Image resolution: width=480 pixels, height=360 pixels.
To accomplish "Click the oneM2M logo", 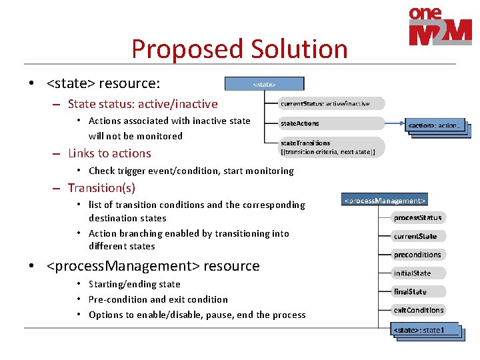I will tap(440, 27).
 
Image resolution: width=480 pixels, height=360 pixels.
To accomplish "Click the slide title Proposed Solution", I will tap(239, 49).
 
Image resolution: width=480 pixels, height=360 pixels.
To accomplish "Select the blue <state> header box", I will tap(264, 84).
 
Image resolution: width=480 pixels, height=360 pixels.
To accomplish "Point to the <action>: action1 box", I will tap(434, 125).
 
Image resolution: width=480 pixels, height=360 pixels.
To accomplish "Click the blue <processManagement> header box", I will tap(384, 199).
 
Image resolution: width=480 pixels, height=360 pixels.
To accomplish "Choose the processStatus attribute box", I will tap(417, 217).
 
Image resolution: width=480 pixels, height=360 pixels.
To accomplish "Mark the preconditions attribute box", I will tap(417, 255).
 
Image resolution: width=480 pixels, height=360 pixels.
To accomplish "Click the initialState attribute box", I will tap(413, 273).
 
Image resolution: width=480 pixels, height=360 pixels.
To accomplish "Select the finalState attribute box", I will tap(410, 291).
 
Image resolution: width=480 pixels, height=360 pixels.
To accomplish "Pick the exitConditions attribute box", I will tap(418, 310).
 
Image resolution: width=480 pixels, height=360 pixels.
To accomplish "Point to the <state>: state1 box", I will tap(427, 329).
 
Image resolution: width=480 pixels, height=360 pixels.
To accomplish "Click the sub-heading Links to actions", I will tap(109, 153).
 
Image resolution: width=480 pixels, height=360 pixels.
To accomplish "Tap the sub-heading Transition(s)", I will tap(101, 188).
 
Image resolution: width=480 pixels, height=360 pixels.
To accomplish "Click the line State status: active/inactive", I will tap(143, 104).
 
